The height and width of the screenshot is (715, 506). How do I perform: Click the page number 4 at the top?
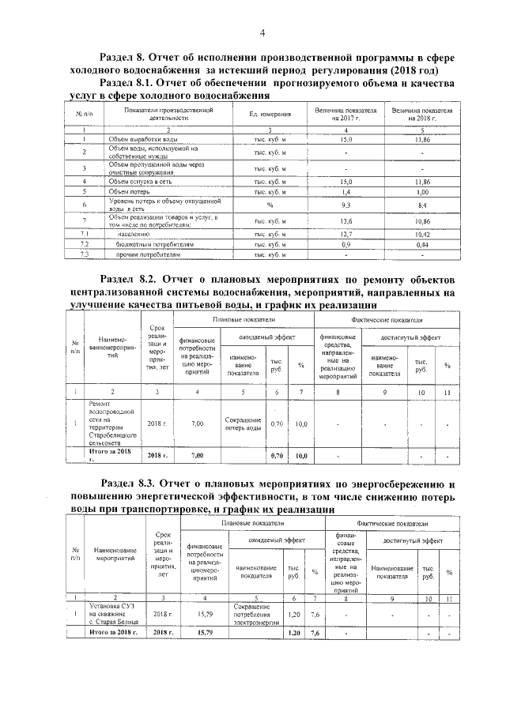click(x=262, y=32)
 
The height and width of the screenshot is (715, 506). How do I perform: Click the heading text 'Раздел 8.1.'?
click(x=127, y=82)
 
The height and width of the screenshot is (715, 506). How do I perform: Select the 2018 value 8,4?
click(x=422, y=205)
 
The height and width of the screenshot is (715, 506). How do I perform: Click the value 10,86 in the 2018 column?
click(x=422, y=221)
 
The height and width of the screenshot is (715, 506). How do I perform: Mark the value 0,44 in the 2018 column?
click(x=422, y=245)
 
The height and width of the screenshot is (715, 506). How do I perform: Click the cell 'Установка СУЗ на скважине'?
click(x=111, y=612)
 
